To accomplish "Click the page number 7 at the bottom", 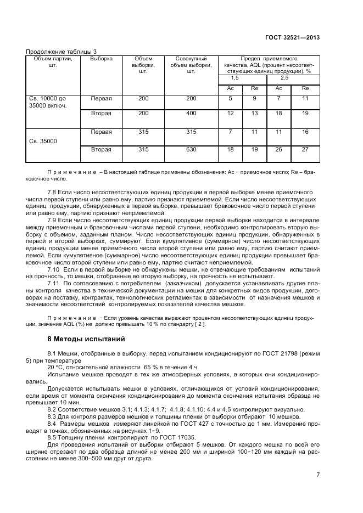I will click(318, 475).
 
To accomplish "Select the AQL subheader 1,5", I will click(227, 78).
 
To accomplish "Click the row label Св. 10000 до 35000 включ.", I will click(48, 102).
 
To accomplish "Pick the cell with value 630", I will click(191, 149).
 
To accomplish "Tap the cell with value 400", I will click(191, 113).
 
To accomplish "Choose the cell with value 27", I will click(305, 149).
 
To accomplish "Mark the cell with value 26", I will click(278, 149).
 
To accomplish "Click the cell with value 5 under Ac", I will click(231, 99).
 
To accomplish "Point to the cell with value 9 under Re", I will click(254, 99).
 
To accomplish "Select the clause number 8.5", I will click(53, 436).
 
